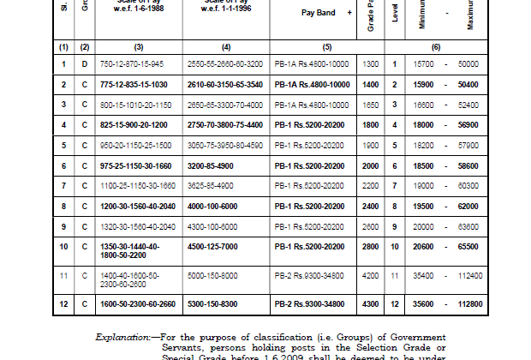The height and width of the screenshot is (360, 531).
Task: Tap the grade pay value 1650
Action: click(x=371, y=104)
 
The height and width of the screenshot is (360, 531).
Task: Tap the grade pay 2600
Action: click(x=371, y=226)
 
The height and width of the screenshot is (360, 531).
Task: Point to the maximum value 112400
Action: click(x=469, y=276)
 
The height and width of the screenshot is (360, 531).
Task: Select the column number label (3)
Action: click(x=139, y=46)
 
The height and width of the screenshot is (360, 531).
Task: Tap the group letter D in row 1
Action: click(x=84, y=64)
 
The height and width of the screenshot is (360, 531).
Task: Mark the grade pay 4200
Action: click(x=371, y=276)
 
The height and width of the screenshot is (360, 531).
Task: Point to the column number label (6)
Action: click(x=437, y=46)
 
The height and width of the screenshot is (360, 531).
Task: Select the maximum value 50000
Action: click(x=468, y=64)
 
